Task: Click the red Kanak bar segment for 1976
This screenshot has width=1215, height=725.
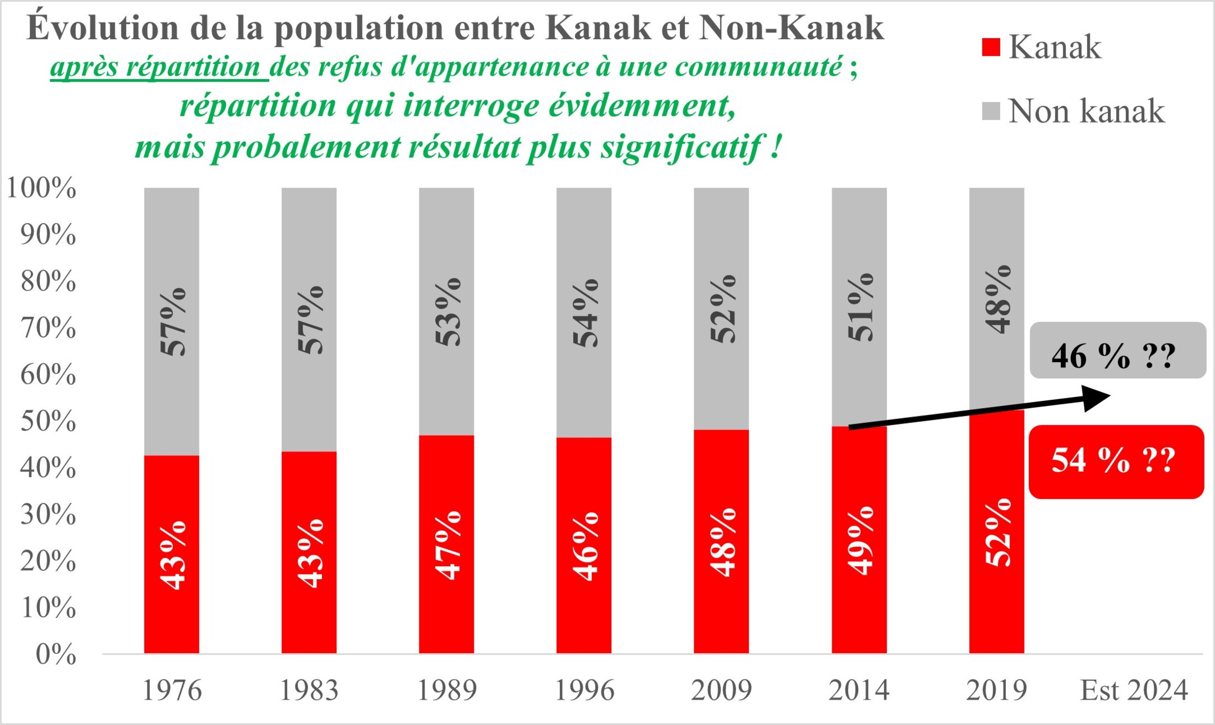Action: coord(172,554)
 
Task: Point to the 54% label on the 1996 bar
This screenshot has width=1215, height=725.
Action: coord(585,313)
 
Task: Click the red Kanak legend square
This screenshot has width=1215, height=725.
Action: coord(991,47)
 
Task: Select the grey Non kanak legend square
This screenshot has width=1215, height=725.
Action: coord(991,111)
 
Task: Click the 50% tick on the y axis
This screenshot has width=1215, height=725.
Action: coord(48,421)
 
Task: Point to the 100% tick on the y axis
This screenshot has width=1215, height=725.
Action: coord(41,188)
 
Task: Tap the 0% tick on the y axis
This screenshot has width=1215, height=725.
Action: coord(56,654)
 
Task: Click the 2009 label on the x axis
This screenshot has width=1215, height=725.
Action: coord(721,690)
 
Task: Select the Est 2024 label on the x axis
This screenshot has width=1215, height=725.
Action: coord(1134,690)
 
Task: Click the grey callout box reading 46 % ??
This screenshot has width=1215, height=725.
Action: coord(1118,351)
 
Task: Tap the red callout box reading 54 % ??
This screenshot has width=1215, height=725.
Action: coord(1116,462)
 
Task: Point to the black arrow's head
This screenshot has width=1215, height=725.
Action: coord(1098,398)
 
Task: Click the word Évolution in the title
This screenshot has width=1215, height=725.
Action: coord(103,28)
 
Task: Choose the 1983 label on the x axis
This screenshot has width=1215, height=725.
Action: coord(309,690)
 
